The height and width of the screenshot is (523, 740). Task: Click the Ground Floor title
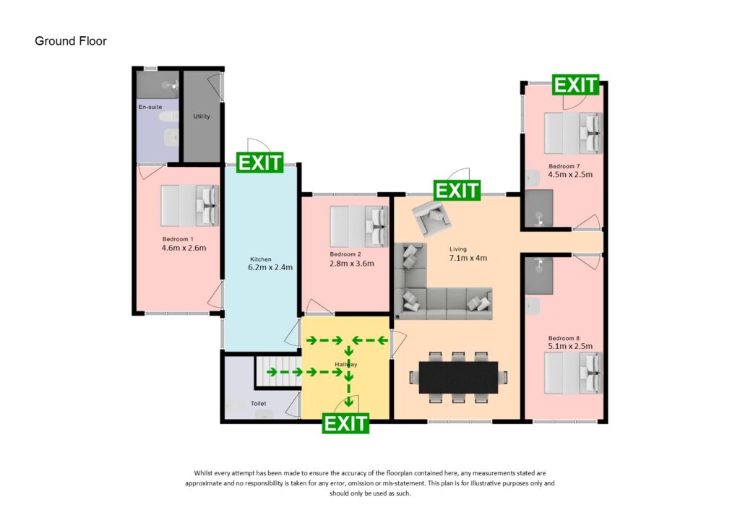pos(71,41)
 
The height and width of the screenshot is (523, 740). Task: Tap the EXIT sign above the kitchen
pos(260,163)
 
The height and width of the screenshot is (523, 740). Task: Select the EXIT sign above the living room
pos(457,190)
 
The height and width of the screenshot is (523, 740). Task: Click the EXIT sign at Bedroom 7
pos(576,85)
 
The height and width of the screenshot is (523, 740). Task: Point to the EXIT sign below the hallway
pos(345,423)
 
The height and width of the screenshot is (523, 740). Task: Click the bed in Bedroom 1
pos(189,206)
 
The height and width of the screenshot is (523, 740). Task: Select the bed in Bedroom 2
pos(358,226)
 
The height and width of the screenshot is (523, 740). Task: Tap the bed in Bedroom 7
pos(573,134)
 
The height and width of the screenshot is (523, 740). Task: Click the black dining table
pos(458,377)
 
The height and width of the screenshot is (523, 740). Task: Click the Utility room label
pos(202,116)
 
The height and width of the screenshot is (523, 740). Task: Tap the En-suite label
pos(150,107)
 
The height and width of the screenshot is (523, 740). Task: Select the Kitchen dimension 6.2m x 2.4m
pos(270,267)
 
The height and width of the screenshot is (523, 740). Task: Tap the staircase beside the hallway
pos(277,371)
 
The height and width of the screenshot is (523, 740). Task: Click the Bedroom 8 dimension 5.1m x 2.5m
pos(569,346)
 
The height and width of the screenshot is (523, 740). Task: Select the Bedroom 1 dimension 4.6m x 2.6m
pos(184,248)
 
